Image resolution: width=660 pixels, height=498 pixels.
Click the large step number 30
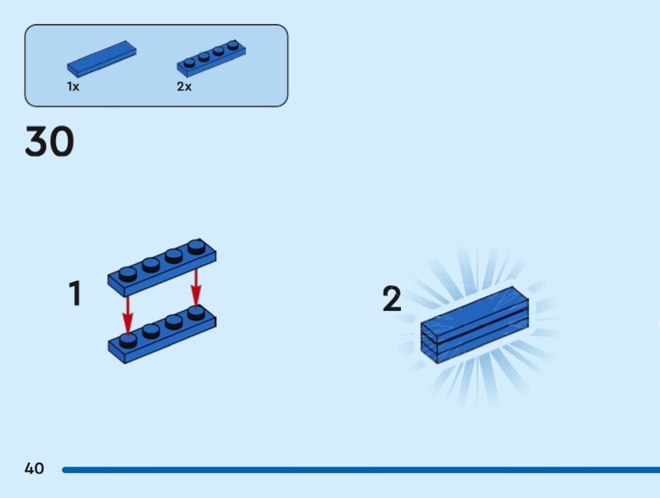pyautogui.click(x=49, y=141)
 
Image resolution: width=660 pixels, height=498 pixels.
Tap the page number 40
pyautogui.click(x=34, y=468)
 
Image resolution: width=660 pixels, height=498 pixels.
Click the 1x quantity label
pyautogui.click(x=73, y=87)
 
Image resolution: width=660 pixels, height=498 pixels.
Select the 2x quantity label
pyautogui.click(x=184, y=87)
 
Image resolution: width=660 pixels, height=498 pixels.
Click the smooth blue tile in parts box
pyautogui.click(x=101, y=59)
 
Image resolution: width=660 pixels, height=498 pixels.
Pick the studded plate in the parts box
pyautogui.click(x=211, y=59)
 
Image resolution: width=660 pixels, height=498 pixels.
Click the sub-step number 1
pyautogui.click(x=74, y=294)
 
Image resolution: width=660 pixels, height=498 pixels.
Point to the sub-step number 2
pyautogui.click(x=392, y=298)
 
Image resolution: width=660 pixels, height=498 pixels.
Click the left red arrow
pyautogui.click(x=128, y=316)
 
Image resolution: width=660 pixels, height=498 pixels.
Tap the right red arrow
pyautogui.click(x=196, y=288)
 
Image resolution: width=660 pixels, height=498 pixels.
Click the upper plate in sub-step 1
pyautogui.click(x=162, y=268)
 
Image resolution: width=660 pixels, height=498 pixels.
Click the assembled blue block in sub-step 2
pyautogui.click(x=475, y=325)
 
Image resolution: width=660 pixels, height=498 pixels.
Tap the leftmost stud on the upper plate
pyautogui.click(x=128, y=274)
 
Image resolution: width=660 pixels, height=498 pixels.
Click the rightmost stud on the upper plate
pyautogui.click(x=196, y=247)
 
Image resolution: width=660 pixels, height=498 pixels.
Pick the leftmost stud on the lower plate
pyautogui.click(x=128, y=341)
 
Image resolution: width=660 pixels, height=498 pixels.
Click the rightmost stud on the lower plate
pyautogui.click(x=196, y=313)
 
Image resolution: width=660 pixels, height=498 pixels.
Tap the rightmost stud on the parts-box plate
pyautogui.click(x=233, y=45)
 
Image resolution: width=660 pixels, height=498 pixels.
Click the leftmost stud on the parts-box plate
pyautogui.click(x=190, y=63)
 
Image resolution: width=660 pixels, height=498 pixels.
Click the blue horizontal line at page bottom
pyautogui.click(x=361, y=470)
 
